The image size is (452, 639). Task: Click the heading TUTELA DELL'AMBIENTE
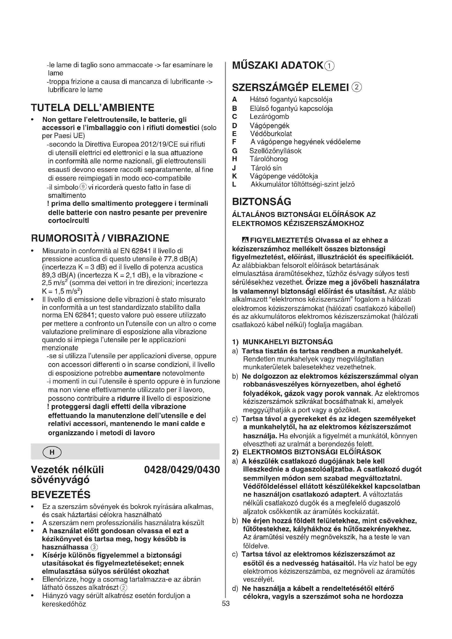click(92, 108)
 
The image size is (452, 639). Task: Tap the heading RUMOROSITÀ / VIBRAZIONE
click(100, 238)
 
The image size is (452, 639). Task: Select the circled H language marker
click(52, 452)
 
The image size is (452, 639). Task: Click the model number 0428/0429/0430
click(182, 470)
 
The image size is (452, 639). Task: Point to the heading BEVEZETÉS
click(61, 494)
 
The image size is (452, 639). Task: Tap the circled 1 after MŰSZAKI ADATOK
click(330, 66)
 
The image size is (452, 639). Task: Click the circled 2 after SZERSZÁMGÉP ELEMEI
click(357, 88)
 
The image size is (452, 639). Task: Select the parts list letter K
click(234, 176)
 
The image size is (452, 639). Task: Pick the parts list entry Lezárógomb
click(269, 117)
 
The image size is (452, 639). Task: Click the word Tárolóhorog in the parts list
click(269, 159)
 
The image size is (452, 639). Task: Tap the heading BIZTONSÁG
click(262, 202)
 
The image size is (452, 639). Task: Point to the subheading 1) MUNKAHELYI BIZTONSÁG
click(283, 342)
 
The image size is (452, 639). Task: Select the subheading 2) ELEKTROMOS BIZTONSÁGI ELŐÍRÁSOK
click(307, 452)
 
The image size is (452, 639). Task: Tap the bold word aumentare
click(142, 373)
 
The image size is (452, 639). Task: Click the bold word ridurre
click(128, 398)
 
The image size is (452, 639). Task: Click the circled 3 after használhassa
click(95, 547)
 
